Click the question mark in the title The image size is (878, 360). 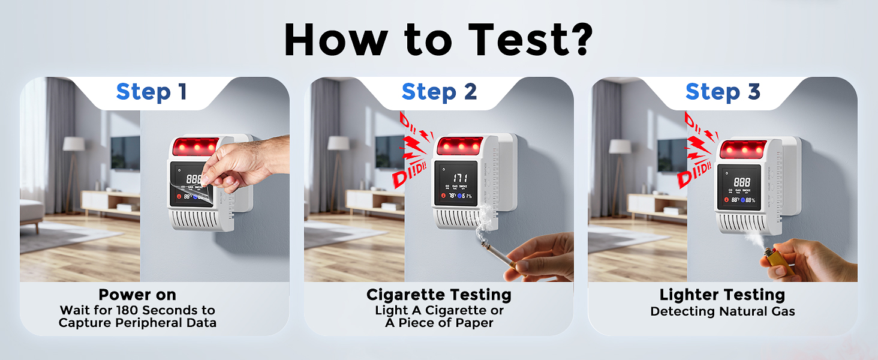pyautogui.click(x=577, y=40)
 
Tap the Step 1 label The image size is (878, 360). pyautogui.click(x=152, y=92)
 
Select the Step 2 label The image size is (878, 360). pyautogui.click(x=439, y=92)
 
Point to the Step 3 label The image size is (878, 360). pyautogui.click(x=723, y=92)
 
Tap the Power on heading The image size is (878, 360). pyautogui.click(x=137, y=295)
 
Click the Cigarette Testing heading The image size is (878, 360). pyautogui.click(x=439, y=295)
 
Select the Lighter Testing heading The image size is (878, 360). pyautogui.click(x=722, y=295)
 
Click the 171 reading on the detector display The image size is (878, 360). pyautogui.click(x=461, y=178)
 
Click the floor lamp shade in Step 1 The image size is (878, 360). pyautogui.click(x=74, y=144)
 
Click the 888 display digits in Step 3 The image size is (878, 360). pyautogui.click(x=742, y=181)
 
